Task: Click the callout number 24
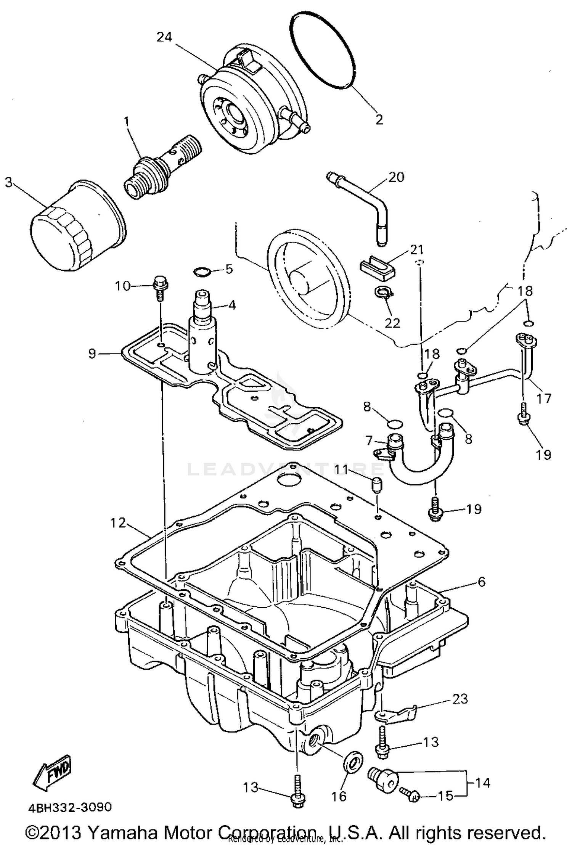[x=164, y=37]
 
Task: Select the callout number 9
[x=92, y=354]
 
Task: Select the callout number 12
[x=118, y=523]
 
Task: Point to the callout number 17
[x=544, y=399]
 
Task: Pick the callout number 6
[x=482, y=582]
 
